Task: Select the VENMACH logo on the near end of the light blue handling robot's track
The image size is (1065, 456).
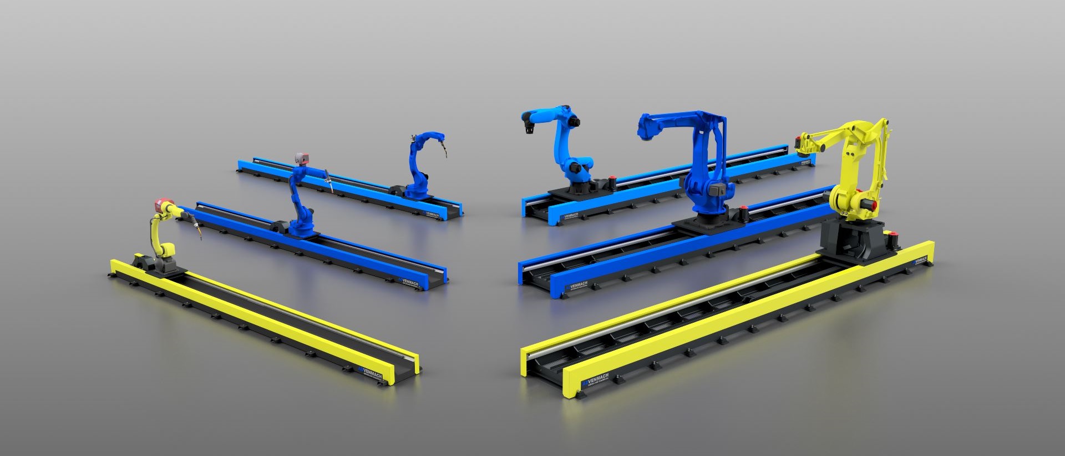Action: coord(571,217)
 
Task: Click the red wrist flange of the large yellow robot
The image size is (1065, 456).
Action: coord(799,143)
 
